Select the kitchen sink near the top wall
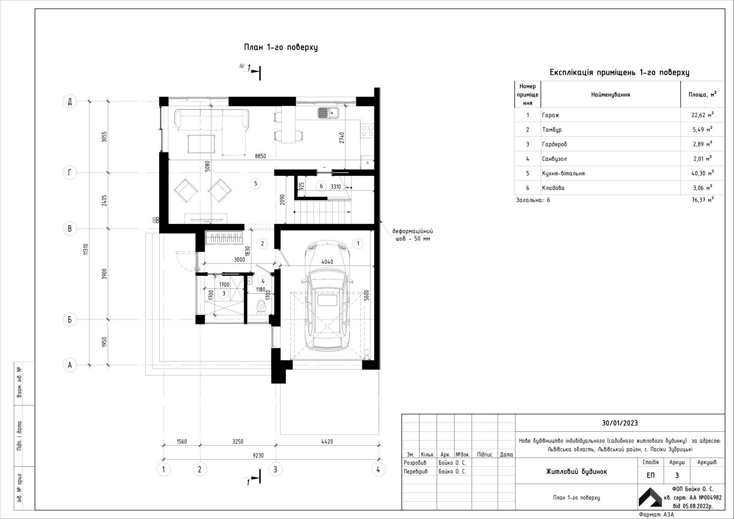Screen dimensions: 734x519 point(328,113)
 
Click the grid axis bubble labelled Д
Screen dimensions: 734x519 point(70,101)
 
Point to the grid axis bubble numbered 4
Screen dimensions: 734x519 point(378,469)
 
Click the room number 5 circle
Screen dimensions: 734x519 point(256,183)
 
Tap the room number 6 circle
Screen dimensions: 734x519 point(321,186)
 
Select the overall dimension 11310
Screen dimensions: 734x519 point(86,249)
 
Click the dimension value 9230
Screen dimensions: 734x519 point(258,455)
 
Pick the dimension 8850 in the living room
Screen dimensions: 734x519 point(261,156)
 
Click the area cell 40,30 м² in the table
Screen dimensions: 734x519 point(702,173)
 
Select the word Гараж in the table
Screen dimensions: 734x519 point(550,115)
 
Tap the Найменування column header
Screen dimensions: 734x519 point(611,95)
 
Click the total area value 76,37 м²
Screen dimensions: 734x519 point(702,200)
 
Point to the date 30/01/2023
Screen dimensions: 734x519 point(620,423)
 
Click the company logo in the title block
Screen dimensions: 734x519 point(650,497)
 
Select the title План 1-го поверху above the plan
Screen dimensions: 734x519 point(281,47)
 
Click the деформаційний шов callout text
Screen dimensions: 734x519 point(412,235)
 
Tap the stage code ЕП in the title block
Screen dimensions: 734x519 point(651,475)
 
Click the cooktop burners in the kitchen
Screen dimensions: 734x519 point(367,130)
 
